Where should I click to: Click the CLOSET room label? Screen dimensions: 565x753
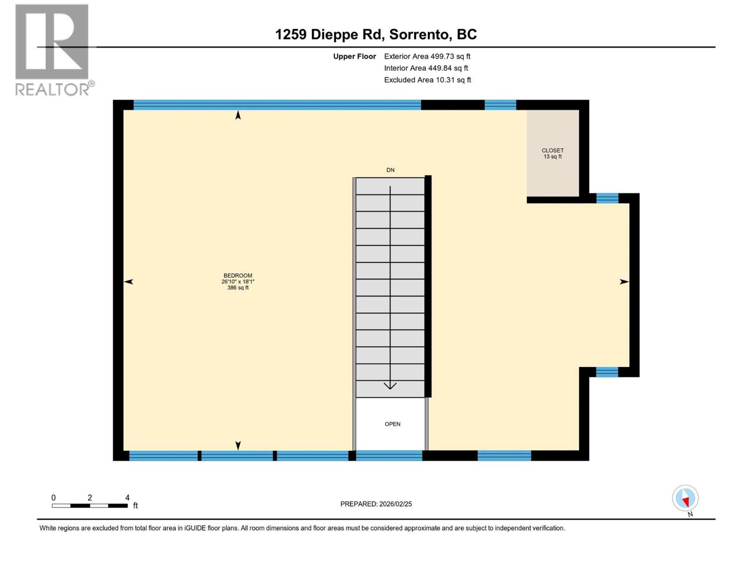[x=553, y=151]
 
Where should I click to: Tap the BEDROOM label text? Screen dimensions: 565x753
[x=238, y=276]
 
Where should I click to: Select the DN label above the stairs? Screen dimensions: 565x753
[x=390, y=170]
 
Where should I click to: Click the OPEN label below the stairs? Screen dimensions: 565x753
[x=393, y=424]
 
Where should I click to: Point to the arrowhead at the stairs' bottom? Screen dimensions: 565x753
[x=390, y=386]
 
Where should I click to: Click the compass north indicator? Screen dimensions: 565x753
[x=685, y=499]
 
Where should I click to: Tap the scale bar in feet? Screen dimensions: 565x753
[x=89, y=506]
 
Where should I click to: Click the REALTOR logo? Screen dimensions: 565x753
[x=52, y=49]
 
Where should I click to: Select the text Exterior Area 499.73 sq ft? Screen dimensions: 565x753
[x=427, y=56]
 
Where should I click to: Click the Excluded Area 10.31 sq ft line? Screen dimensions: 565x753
[x=427, y=80]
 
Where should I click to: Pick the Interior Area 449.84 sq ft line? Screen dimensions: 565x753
[x=426, y=68]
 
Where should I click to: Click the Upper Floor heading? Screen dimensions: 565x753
[x=354, y=56]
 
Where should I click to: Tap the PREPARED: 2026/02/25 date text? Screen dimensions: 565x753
[x=376, y=504]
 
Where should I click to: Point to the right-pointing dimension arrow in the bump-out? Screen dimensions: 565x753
[x=624, y=282]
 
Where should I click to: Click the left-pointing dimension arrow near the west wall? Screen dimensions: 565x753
[x=128, y=282]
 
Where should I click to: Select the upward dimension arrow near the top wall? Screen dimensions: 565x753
[x=238, y=115]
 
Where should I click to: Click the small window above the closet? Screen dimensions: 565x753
[x=500, y=105]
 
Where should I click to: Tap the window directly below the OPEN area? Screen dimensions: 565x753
[x=389, y=455]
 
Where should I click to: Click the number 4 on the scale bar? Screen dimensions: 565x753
[x=127, y=498]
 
